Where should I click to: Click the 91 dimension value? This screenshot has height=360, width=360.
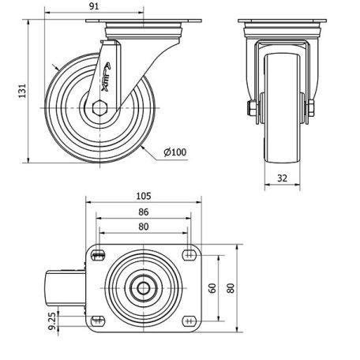point(94,6)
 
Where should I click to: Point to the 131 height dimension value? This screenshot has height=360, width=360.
point(22,91)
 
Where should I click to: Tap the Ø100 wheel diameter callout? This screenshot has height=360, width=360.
point(175,152)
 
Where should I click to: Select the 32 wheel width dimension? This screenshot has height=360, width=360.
point(282,178)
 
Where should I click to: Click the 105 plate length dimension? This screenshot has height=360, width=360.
point(144,196)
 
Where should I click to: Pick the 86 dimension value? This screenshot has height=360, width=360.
point(144,212)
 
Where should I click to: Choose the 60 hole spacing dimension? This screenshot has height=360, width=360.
point(212,288)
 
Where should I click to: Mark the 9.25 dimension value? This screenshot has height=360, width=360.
point(52,321)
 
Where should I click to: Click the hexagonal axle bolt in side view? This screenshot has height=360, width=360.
point(100,108)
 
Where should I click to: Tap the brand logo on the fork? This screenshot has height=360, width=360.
point(106,77)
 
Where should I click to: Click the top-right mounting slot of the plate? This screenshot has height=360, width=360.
point(189,255)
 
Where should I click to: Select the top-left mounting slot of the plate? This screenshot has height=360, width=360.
point(98,255)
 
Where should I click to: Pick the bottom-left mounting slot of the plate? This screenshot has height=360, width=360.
point(98,321)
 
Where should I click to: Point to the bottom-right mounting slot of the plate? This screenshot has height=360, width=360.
point(189,321)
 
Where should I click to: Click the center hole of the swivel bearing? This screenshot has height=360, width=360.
point(144,288)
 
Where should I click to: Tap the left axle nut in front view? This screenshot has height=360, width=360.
point(252,108)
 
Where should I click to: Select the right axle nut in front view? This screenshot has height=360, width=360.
point(311,108)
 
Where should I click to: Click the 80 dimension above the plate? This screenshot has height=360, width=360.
point(144,227)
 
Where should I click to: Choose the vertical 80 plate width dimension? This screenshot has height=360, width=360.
point(231,288)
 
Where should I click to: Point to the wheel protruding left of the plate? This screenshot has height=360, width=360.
point(66,288)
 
